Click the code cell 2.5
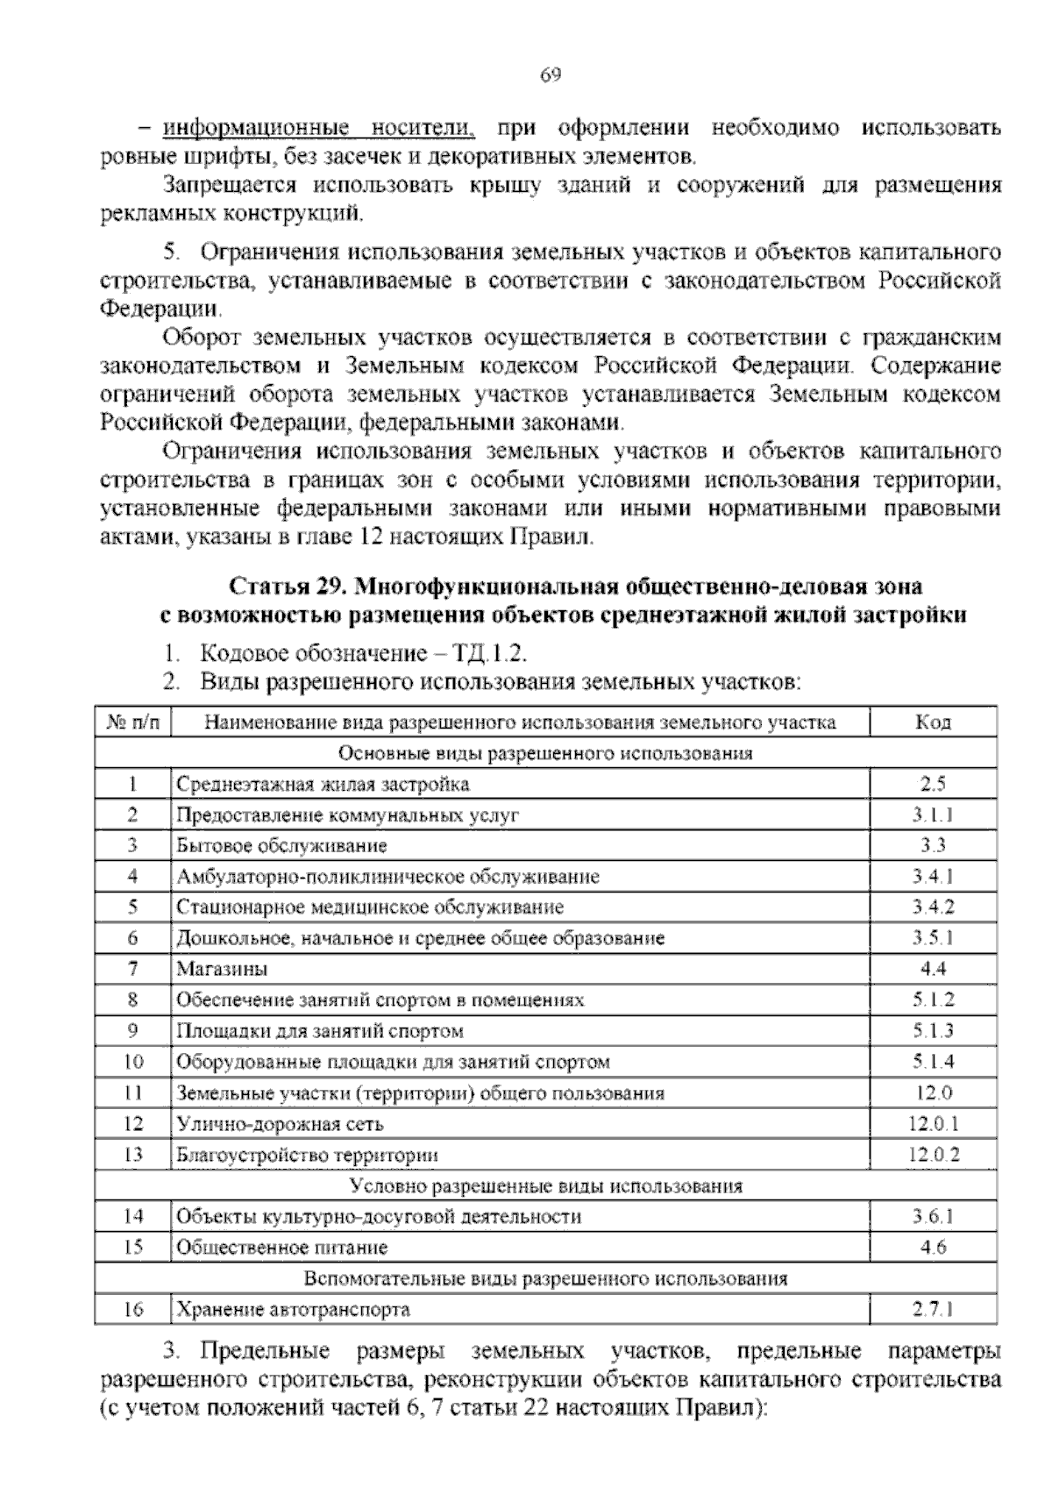(x=933, y=784)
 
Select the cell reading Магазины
(x=222, y=969)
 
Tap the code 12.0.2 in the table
(x=933, y=1155)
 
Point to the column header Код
(x=933, y=722)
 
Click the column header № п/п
(x=133, y=722)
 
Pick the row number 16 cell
(x=133, y=1310)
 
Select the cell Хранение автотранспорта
(x=293, y=1310)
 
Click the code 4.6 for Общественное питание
(x=933, y=1247)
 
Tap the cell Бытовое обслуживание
(x=281, y=846)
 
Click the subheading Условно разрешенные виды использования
(x=545, y=1186)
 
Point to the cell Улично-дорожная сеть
(x=280, y=1124)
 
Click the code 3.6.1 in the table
(x=933, y=1216)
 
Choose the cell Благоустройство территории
(x=307, y=1155)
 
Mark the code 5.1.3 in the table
(x=933, y=1031)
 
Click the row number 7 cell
(x=133, y=969)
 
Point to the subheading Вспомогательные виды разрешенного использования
(x=545, y=1278)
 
